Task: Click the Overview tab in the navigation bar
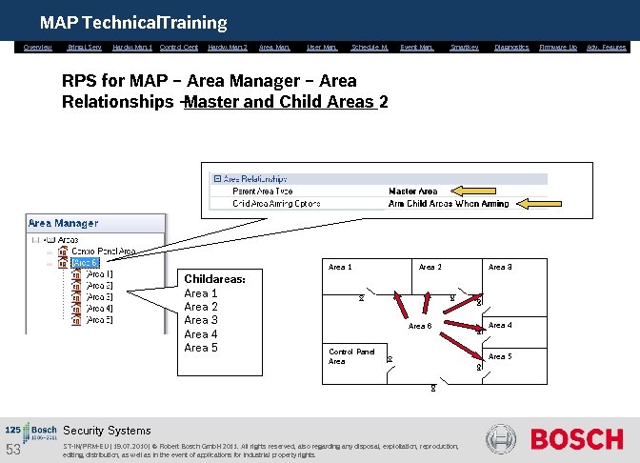(x=38, y=47)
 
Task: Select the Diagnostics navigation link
(x=511, y=47)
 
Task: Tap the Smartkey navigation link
(x=464, y=47)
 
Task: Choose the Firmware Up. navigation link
(x=558, y=47)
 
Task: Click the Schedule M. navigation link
(x=370, y=47)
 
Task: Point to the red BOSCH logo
(x=576, y=439)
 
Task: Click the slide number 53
(x=13, y=450)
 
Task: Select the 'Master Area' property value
(x=412, y=191)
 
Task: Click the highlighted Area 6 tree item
(x=85, y=263)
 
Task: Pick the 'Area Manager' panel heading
(x=63, y=223)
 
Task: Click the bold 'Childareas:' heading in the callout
(x=214, y=279)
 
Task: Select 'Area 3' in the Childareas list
(x=201, y=320)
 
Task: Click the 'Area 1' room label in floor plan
(x=340, y=267)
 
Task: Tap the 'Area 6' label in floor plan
(x=420, y=327)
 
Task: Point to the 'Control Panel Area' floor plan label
(x=351, y=356)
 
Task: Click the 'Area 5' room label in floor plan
(x=500, y=356)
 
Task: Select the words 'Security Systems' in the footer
(x=107, y=431)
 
